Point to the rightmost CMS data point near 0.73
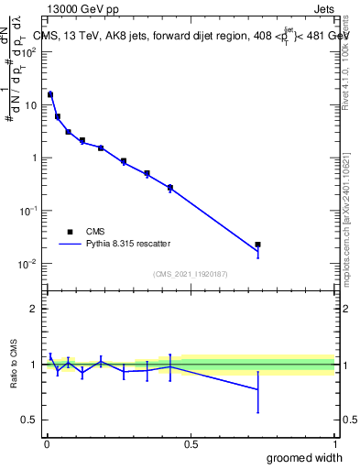point(258,245)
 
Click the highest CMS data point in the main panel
point(50,94)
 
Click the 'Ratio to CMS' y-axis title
point(15,365)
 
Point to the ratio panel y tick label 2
point(34,309)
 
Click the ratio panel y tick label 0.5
point(29,420)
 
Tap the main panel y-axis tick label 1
point(35,158)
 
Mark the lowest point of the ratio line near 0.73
point(258,389)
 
